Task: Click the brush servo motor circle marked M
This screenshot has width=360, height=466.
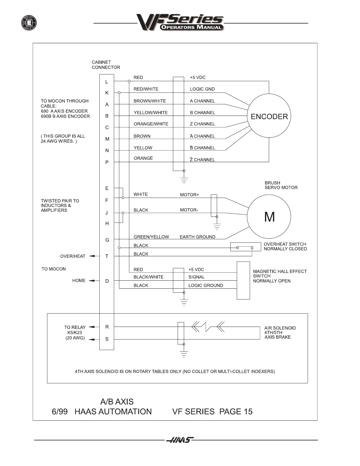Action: [x=269, y=217]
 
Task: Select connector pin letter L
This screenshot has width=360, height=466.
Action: [x=107, y=82]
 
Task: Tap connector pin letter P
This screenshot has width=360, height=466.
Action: [x=107, y=162]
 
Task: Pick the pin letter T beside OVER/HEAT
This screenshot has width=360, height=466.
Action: [x=107, y=256]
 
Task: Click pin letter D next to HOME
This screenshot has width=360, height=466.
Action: [x=107, y=281]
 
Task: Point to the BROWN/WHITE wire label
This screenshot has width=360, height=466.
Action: [x=150, y=101]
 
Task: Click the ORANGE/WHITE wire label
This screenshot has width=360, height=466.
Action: [x=151, y=124]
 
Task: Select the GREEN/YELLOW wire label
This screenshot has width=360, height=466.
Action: [x=151, y=237]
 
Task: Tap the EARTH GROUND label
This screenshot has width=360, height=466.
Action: [x=197, y=237]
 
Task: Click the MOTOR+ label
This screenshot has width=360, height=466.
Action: [x=189, y=195]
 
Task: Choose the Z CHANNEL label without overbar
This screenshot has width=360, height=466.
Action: [x=202, y=124]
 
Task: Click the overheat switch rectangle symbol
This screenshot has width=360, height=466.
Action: [x=245, y=247]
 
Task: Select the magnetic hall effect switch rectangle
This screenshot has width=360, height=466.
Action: [x=243, y=280]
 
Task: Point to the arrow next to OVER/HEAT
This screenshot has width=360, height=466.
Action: [x=92, y=256]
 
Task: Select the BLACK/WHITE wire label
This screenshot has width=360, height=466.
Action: [x=148, y=277]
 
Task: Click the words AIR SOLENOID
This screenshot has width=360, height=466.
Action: [x=280, y=328]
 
